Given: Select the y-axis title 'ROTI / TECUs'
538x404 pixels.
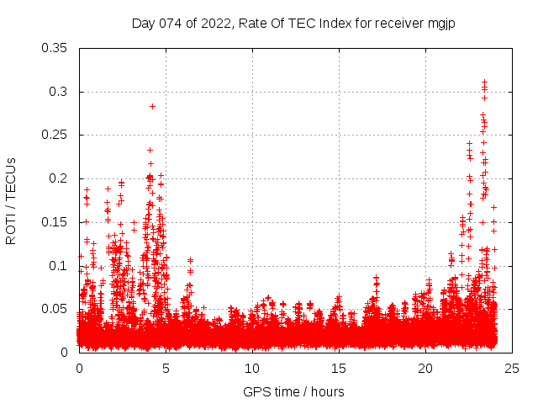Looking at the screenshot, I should point(11,199).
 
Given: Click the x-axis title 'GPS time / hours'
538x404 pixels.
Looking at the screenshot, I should point(293,391).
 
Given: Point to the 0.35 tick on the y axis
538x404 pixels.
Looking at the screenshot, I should point(56,48).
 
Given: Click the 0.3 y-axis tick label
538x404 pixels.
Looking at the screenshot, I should point(60,92).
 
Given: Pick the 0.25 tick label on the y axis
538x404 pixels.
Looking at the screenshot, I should point(56,135).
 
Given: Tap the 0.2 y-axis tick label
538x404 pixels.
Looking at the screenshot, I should point(60,178).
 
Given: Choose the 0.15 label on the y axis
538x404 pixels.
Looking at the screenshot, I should point(56,222).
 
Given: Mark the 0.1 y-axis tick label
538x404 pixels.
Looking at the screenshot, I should point(60,265).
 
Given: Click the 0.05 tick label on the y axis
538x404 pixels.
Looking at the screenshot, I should point(56,309).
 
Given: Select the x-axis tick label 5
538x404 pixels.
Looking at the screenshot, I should point(166,368).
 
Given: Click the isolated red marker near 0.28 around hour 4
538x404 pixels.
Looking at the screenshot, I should point(152,106).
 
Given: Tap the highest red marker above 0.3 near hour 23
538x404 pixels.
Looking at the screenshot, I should point(484,82).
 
